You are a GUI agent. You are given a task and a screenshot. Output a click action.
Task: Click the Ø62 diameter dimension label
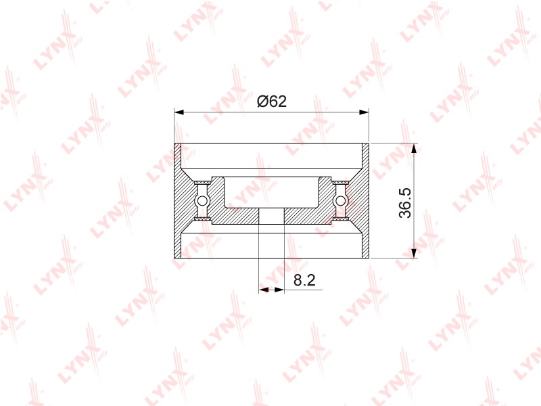tap(272, 101)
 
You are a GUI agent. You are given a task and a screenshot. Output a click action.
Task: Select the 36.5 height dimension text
tap(405, 203)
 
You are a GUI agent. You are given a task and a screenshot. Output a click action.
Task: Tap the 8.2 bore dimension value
tap(305, 280)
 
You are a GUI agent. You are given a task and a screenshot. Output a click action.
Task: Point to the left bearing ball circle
tap(202, 200)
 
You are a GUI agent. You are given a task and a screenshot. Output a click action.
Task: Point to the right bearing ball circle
tap(341, 200)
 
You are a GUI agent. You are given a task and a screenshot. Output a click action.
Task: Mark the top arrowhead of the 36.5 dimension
tap(415, 148)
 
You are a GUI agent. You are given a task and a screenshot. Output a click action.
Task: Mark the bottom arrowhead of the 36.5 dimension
tap(415, 252)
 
